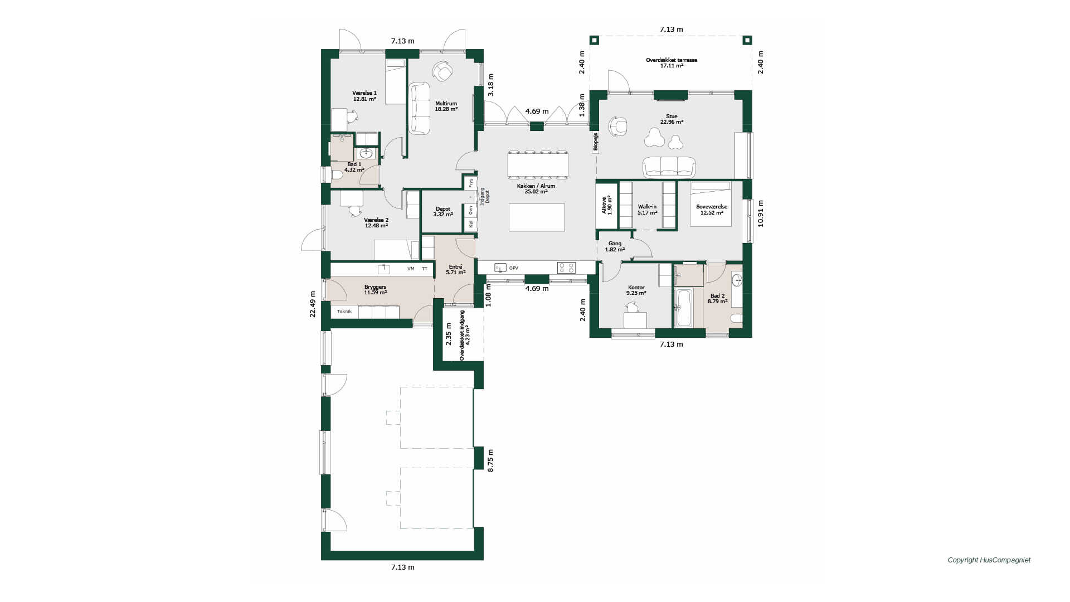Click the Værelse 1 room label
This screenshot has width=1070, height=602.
[364, 96]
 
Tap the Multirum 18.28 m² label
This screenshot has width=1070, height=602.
[446, 106]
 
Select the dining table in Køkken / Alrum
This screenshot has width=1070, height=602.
[538, 164]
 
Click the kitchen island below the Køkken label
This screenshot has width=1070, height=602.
[537, 217]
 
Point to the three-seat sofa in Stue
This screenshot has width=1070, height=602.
[669, 167]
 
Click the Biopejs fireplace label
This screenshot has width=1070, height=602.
[595, 142]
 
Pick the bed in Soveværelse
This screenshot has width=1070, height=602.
[711, 204]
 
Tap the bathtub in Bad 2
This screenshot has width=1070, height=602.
[683, 308]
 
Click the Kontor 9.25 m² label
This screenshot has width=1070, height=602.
[636, 290]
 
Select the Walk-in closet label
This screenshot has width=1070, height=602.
[647, 210]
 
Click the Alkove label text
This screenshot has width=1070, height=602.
[604, 205]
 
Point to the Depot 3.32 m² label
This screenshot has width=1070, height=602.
[443, 212]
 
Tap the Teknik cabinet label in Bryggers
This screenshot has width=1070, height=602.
[344, 312]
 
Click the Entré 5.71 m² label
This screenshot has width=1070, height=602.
[455, 270]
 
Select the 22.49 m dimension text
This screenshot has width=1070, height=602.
[313, 304]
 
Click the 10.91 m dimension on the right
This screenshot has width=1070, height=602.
[761, 213]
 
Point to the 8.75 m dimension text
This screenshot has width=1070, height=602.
[490, 461]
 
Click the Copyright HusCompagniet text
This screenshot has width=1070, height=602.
[989, 560]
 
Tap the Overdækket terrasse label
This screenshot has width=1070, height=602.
[672, 60]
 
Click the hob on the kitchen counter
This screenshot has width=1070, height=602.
[566, 268]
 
